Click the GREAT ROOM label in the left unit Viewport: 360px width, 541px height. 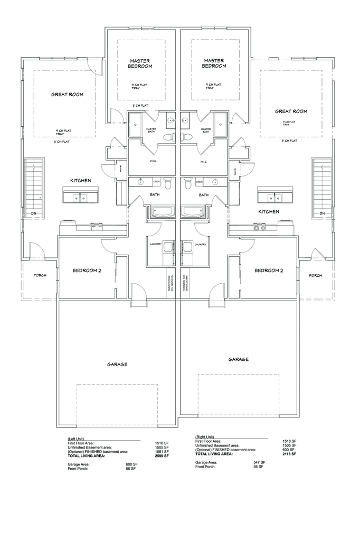pos(67,95)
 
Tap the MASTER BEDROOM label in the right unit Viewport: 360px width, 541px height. pos(214,63)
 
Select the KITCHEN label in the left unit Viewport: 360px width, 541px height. pos(80,181)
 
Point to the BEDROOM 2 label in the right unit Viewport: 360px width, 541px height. pos(269,270)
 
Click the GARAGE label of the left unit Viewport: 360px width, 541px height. pos(117,364)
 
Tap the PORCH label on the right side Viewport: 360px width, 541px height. pos(315,275)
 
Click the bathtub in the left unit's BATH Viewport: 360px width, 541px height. pos(160,212)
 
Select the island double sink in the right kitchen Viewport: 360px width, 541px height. pos(274,198)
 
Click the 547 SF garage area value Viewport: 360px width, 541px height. pos(259,462)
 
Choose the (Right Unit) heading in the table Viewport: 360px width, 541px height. pos(205,437)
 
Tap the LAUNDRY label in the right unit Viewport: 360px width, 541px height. pos(200,244)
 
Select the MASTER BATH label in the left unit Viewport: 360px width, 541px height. pos(151,130)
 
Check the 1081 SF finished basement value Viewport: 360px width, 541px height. pos(162,452)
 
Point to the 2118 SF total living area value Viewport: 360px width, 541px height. pos(289,454)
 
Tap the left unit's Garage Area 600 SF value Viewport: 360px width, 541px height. pos(131,464)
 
